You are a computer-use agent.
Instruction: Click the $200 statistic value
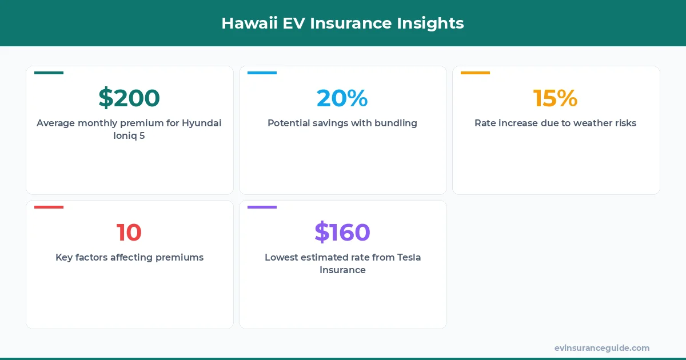(x=129, y=98)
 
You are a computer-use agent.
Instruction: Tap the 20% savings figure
(x=342, y=98)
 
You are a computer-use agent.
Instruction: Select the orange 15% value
(x=555, y=98)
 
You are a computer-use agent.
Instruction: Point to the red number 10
(x=129, y=233)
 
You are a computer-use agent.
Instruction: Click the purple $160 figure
(x=342, y=233)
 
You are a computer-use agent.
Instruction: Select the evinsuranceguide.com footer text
(x=601, y=348)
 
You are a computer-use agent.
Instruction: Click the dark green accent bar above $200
(x=49, y=73)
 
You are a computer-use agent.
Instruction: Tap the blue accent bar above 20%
(x=262, y=73)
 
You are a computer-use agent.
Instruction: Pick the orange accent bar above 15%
(x=475, y=73)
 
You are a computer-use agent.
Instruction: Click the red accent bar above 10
(x=49, y=207)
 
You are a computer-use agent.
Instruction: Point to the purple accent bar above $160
(x=262, y=207)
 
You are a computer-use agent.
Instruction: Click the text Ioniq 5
(x=129, y=136)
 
